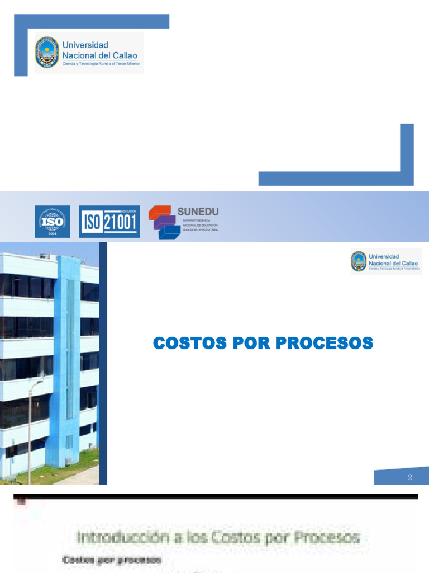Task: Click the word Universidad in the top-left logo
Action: (85, 45)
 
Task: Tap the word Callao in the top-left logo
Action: (125, 55)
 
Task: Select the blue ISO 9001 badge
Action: (53, 221)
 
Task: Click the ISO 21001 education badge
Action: (109, 221)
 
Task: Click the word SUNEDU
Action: (198, 211)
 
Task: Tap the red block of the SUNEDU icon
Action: (160, 212)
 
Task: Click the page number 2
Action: (409, 477)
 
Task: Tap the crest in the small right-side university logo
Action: (358, 261)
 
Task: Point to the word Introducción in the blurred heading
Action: (122, 538)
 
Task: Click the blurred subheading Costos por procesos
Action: (111, 560)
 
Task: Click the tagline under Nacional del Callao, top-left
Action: (101, 64)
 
